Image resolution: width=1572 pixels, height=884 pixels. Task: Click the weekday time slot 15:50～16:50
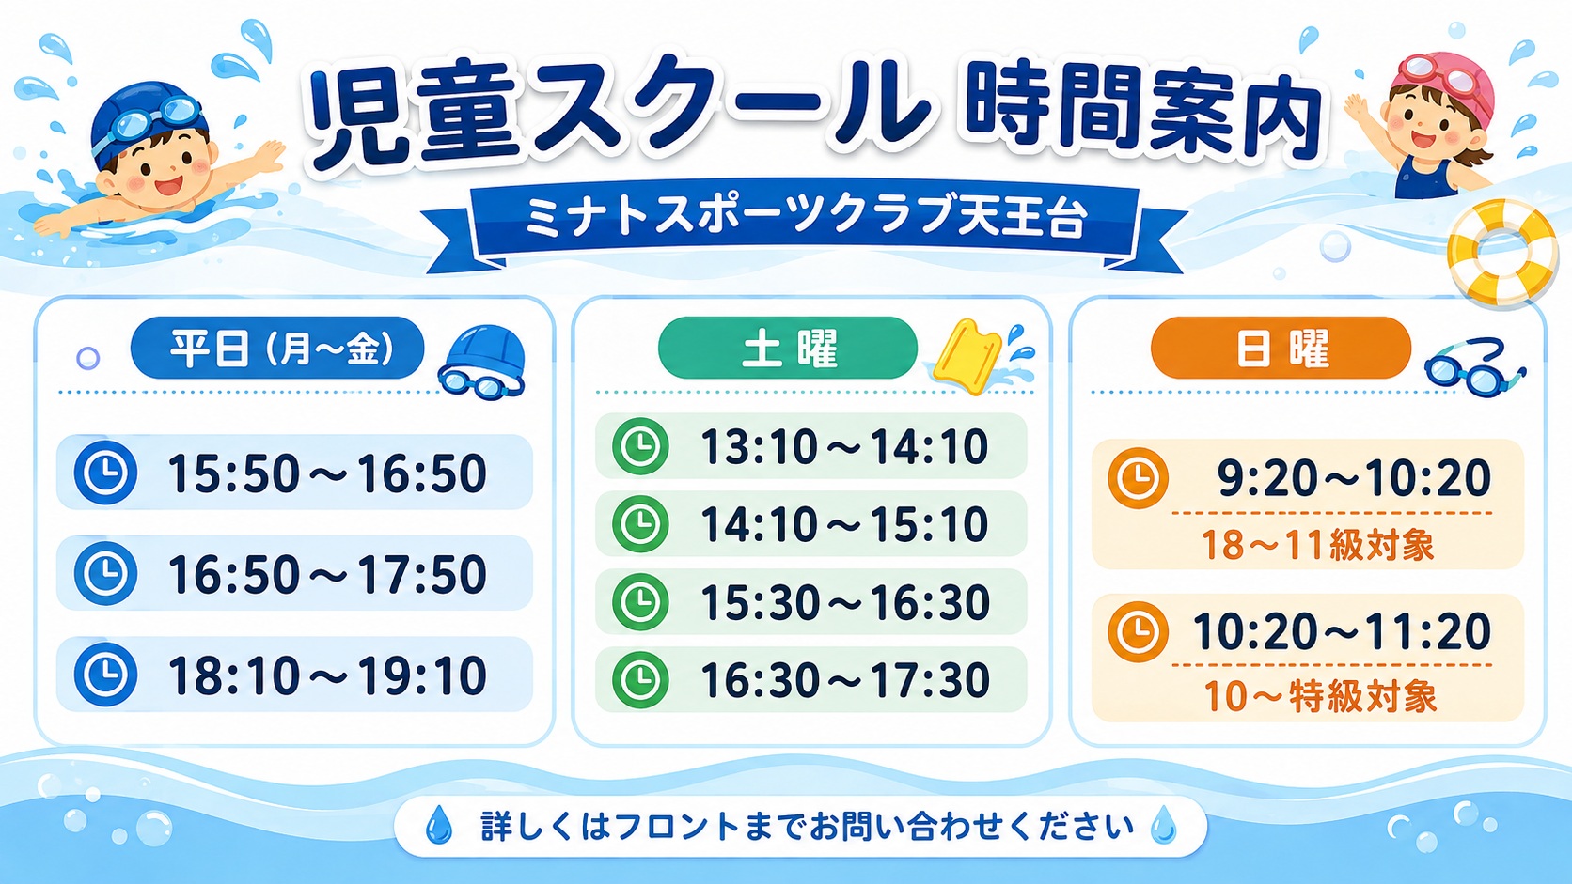pos(327,473)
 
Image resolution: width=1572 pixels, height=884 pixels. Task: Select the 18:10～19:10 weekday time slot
pos(327,675)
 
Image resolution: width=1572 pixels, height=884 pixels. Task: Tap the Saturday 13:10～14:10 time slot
pos(844,446)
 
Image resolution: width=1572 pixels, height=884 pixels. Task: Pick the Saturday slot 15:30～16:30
pos(844,602)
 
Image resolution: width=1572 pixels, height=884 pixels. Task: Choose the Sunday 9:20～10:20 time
pos(1353,478)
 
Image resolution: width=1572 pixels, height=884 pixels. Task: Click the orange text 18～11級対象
pos(1318,546)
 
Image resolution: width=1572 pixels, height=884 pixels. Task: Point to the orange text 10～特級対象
pos(1320,696)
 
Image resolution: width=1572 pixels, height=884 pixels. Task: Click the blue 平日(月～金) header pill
pos(277,349)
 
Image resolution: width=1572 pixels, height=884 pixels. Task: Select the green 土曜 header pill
pos(787,349)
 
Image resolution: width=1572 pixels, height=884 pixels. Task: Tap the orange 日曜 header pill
pos(1281,349)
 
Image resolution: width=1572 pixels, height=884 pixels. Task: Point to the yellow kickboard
pos(967,355)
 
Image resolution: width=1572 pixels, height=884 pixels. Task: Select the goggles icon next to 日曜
pos(1474,368)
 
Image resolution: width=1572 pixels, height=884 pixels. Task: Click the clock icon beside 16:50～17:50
pos(105,573)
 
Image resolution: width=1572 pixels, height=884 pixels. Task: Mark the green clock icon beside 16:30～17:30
pos(640,679)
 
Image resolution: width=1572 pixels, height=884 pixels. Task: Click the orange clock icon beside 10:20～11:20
pos(1138,631)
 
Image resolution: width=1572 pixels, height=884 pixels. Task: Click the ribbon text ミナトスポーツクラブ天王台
pos(807,218)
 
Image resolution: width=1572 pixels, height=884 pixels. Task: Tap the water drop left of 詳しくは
pos(439,825)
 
